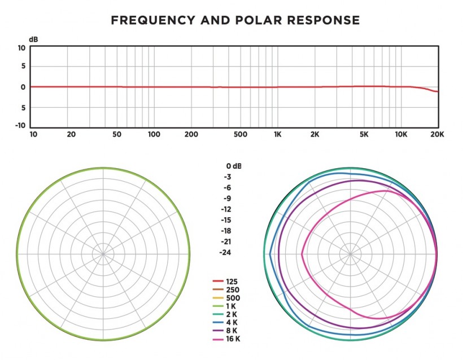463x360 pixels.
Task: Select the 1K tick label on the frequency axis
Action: [278, 135]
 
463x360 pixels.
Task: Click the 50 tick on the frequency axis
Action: [118, 135]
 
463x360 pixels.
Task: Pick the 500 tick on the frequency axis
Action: [241, 135]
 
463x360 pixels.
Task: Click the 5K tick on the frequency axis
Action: [364, 135]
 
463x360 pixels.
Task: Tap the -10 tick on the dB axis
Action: [19, 125]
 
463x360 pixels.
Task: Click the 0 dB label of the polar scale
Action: [233, 166]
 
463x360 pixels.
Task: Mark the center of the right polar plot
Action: [350, 254]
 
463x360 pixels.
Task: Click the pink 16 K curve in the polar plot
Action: [303, 254]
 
